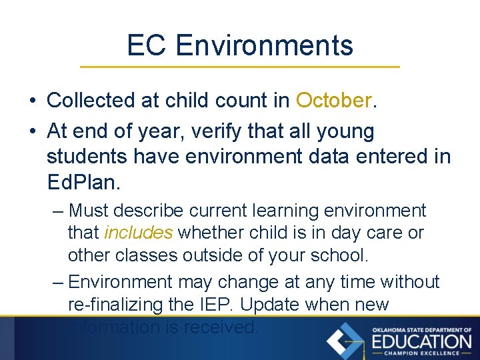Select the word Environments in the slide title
[x=265, y=45]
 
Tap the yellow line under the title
[x=240, y=67]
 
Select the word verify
[x=216, y=131]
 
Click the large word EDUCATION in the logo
[x=421, y=341]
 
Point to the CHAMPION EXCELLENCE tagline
[x=421, y=353]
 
